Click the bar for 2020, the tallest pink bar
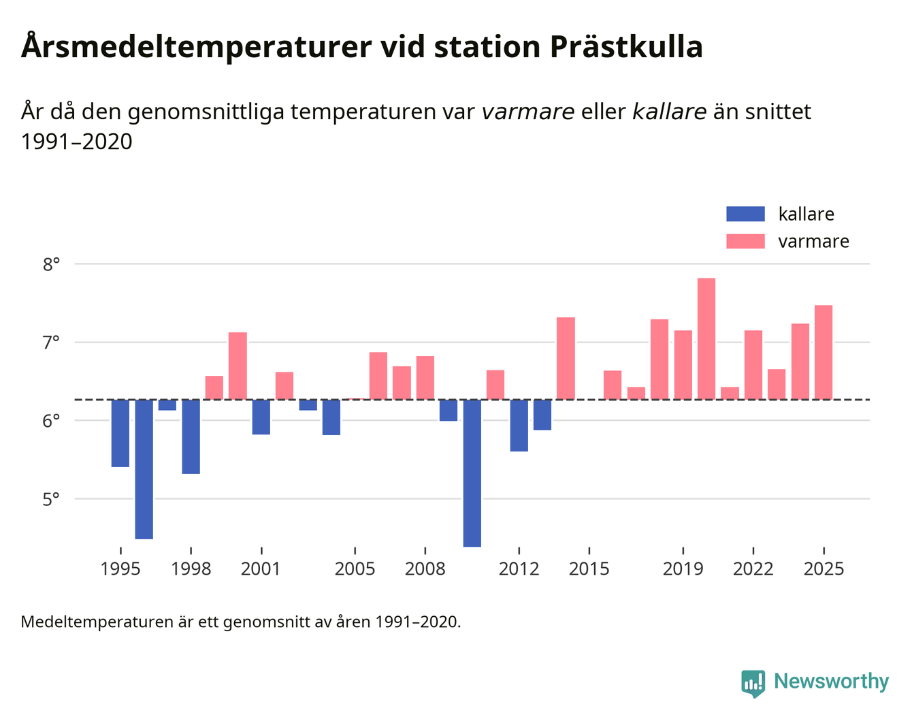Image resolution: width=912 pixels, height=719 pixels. [x=706, y=338]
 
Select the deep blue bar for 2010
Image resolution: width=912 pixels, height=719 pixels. [x=472, y=473]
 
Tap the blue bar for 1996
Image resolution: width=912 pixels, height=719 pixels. [x=144, y=468]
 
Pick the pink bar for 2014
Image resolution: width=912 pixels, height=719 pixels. [x=566, y=358]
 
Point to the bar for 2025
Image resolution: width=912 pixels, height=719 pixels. [x=824, y=352]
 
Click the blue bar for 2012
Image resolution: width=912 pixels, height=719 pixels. [x=519, y=425]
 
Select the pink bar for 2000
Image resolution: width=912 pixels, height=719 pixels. [x=238, y=366]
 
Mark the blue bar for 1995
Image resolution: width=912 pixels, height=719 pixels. [x=120, y=433]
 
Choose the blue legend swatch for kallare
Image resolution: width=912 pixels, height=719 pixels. [x=745, y=214]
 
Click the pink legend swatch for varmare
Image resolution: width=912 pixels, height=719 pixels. [x=745, y=241]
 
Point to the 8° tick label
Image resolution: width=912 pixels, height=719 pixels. [x=52, y=264]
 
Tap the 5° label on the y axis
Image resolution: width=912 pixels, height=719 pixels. [x=52, y=500]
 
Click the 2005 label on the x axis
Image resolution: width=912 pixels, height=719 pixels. [x=355, y=569]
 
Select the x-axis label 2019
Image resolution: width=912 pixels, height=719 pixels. [x=683, y=569]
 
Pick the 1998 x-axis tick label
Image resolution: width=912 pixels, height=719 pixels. [x=191, y=569]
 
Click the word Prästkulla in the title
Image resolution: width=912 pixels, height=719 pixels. [x=625, y=47]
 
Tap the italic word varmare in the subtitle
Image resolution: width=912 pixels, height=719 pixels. [x=527, y=112]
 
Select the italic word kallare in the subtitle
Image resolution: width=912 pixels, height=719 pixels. [x=669, y=112]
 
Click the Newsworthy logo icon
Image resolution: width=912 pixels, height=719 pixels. [x=753, y=683]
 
